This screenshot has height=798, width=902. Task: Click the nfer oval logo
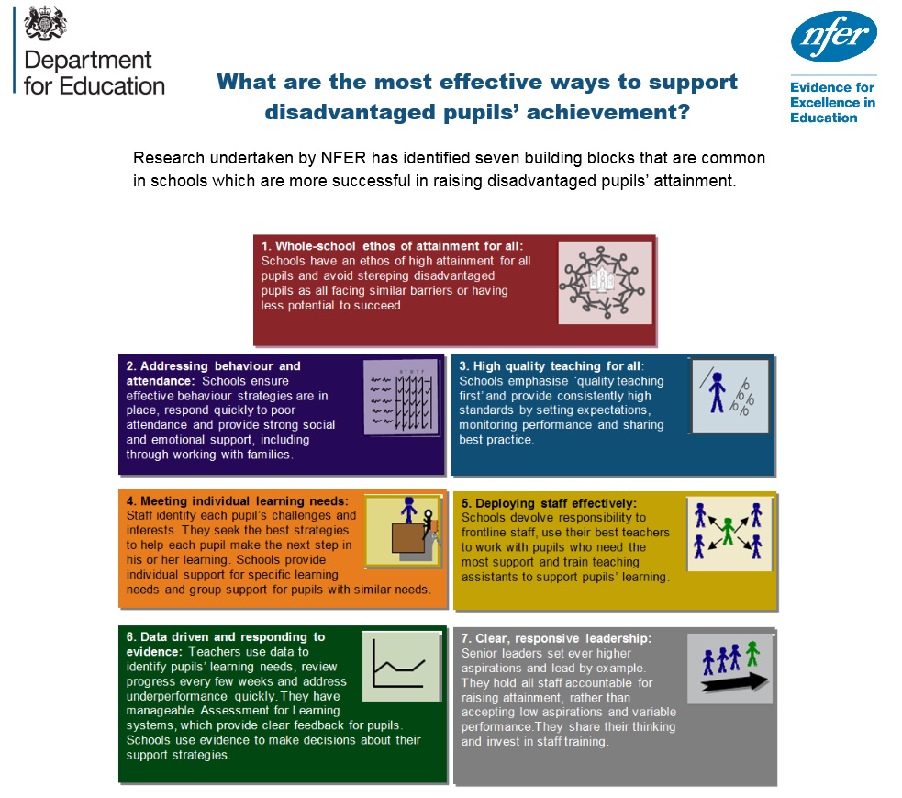coord(833,37)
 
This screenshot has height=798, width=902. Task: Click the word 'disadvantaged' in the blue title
coord(349,112)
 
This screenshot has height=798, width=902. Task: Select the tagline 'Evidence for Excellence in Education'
coord(832,103)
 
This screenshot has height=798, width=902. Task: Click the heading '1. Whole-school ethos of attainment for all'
coord(391,246)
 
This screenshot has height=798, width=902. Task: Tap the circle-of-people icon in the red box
coord(605,282)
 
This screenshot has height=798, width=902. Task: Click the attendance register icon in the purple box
coord(401,398)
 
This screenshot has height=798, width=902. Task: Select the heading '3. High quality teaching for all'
coord(550,366)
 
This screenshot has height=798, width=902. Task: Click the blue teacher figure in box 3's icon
coord(717,392)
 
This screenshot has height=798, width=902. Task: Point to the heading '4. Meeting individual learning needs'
coord(237,500)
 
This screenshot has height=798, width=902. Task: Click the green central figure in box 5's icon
coord(729,531)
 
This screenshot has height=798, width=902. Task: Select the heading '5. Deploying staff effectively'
coord(549,503)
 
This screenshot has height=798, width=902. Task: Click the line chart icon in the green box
coord(401,666)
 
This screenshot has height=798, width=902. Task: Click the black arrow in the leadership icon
coord(735,683)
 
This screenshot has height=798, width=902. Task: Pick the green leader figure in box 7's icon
coord(752,654)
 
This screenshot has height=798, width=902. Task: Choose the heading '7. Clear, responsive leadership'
coord(556,638)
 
